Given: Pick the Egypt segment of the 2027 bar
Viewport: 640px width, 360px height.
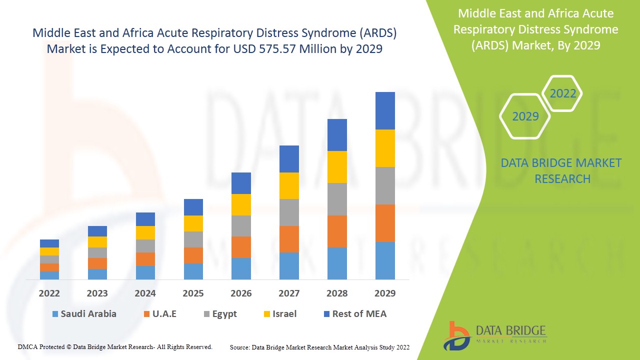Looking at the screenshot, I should tap(289, 212).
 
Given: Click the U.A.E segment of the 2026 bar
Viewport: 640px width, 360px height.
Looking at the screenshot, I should tap(241, 247).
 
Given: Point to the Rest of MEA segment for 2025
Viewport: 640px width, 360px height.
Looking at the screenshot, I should tap(193, 207).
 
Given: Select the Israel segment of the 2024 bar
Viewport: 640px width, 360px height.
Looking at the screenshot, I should tap(145, 232).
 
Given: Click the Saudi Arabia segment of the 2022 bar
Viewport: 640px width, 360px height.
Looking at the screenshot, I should tap(49, 275).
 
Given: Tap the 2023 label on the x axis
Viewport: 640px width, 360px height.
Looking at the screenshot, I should tap(97, 293).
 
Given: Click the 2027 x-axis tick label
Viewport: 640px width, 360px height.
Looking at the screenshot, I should tap(289, 293).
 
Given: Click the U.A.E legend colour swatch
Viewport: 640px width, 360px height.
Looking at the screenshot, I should tap(146, 314).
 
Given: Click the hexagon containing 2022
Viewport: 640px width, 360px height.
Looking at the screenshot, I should tap(562, 93).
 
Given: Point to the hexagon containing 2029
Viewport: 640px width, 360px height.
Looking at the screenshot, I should tap(525, 116).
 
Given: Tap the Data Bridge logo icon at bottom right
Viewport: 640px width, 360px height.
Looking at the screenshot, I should tap(455, 335).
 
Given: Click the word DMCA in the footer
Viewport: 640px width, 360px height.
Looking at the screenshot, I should tap(27, 346).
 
